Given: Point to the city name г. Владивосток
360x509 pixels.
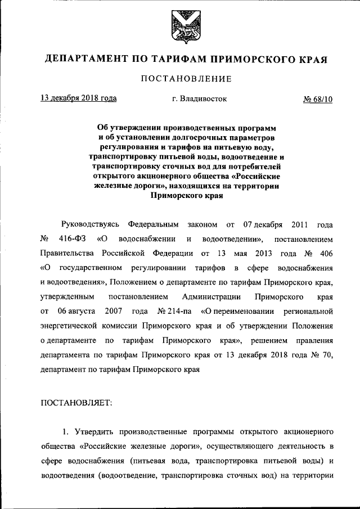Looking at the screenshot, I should tap(200, 99).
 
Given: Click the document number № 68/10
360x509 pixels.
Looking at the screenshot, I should tap(318, 100).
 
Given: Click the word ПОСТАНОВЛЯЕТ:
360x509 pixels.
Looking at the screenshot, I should tap(76, 402).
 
